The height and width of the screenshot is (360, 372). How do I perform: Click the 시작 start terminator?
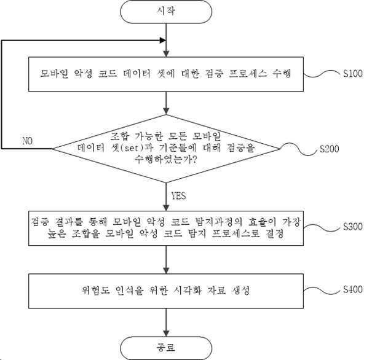(166, 12)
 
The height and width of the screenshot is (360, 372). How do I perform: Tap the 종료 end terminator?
(166, 348)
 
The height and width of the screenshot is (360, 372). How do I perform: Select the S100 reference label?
(353, 74)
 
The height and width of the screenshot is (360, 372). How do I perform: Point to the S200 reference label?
(330, 149)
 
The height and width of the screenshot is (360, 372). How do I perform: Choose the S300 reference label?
(353, 227)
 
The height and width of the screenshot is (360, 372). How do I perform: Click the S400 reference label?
(353, 289)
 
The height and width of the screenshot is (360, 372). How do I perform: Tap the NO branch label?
(27, 141)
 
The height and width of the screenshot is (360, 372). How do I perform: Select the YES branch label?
(178, 196)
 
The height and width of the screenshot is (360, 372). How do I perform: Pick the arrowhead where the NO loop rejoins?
(163, 41)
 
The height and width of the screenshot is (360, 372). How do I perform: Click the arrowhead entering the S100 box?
(166, 54)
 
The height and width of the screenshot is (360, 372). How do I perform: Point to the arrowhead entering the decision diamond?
(166, 111)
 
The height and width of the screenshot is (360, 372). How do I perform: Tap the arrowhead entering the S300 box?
(166, 208)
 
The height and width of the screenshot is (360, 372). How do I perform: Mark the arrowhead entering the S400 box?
(166, 270)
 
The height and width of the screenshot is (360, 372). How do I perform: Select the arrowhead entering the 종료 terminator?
(166, 333)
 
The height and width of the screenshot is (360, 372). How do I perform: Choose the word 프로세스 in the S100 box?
(247, 74)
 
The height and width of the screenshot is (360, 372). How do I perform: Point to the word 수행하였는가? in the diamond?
(165, 159)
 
